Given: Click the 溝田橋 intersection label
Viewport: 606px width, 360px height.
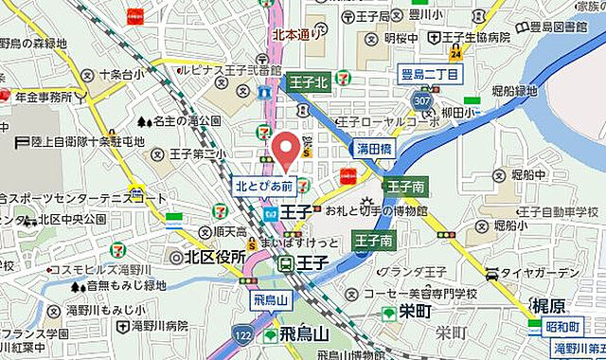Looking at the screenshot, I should pyautogui.click(x=374, y=150).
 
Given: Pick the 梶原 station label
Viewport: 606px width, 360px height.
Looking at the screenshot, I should pyautogui.click(x=548, y=306).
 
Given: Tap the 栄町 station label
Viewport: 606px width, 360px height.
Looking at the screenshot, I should pyautogui.click(x=415, y=313).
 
